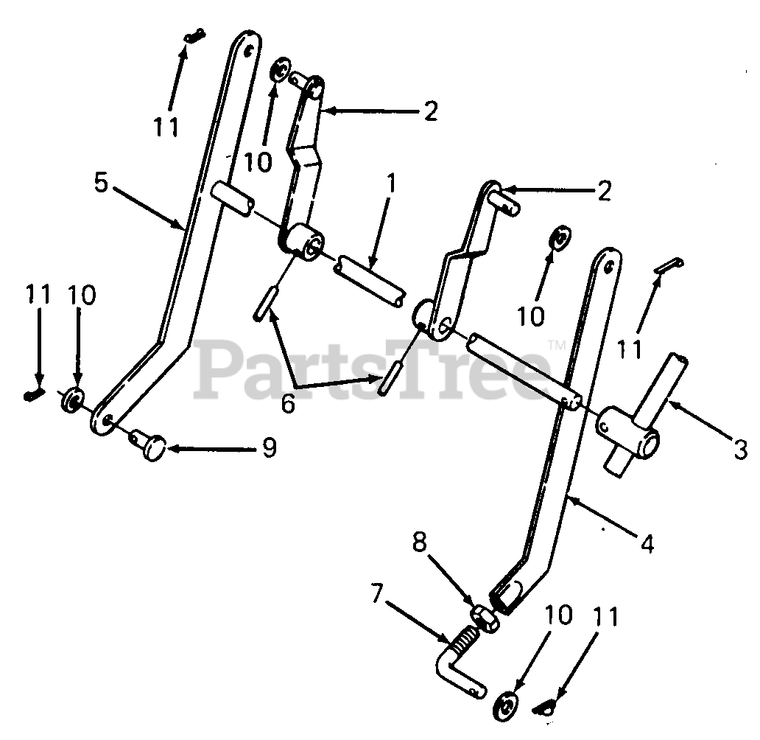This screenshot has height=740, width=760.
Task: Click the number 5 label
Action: (102, 182)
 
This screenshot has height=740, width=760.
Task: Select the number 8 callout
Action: (418, 543)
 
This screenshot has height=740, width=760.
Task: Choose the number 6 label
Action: (288, 402)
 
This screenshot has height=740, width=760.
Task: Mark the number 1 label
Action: (391, 184)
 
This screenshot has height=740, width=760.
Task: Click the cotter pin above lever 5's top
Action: (194, 35)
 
